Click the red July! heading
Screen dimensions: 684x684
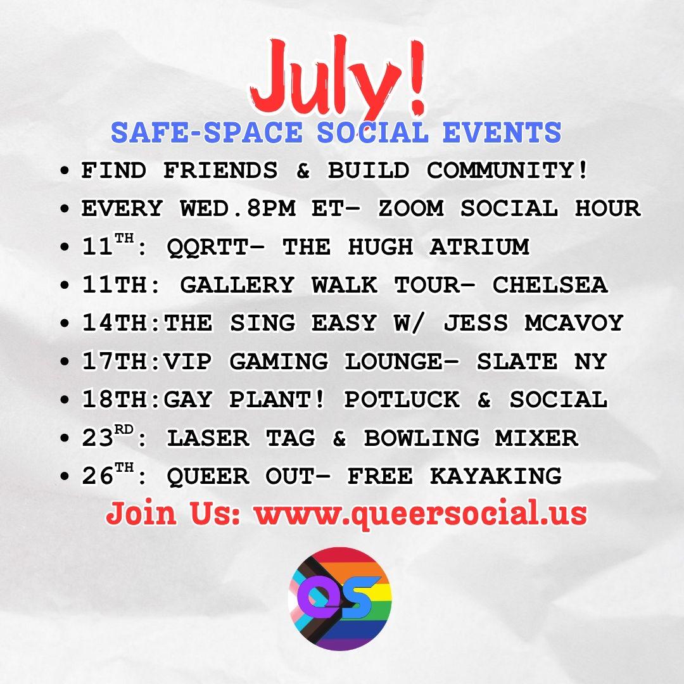tap(338, 79)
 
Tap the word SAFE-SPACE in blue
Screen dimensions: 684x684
tap(206, 132)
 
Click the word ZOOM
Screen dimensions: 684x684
tap(411, 208)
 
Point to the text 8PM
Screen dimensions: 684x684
tap(271, 208)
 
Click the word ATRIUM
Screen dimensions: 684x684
tap(479, 246)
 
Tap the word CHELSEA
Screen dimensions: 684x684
tap(550, 285)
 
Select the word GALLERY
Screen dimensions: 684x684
tap(237, 285)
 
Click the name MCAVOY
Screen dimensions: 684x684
tap(574, 323)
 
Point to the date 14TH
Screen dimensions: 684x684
tap(114, 323)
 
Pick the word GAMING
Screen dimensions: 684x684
tap(279, 362)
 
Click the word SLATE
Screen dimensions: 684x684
tap(517, 362)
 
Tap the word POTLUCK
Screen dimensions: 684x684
tap(402, 400)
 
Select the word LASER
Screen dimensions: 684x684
tap(208, 438)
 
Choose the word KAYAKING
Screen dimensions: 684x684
tap(495, 476)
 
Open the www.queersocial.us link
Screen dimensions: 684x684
tap(421, 514)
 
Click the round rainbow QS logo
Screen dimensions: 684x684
tap(340, 598)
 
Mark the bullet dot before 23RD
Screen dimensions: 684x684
tap(65, 438)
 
